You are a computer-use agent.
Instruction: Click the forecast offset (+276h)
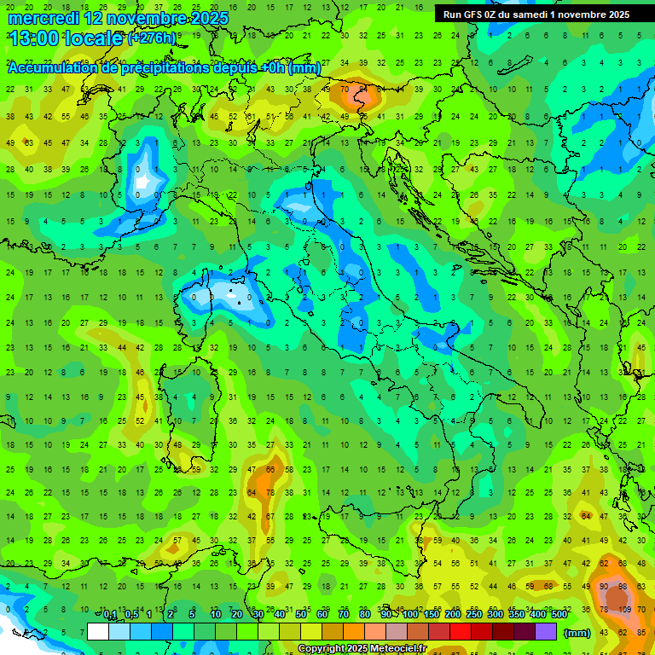tap(152, 38)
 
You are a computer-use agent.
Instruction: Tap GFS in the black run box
tap(476, 14)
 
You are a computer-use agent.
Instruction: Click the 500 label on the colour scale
tap(559, 615)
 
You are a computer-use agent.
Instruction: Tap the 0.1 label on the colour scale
tap(110, 615)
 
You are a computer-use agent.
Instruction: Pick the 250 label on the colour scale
tap(473, 615)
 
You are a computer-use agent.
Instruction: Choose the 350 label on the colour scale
tap(516, 615)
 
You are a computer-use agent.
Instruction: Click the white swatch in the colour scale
tap(98, 632)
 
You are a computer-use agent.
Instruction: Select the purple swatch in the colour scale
tap(546, 632)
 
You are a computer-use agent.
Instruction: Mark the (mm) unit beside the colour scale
tap(577, 633)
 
